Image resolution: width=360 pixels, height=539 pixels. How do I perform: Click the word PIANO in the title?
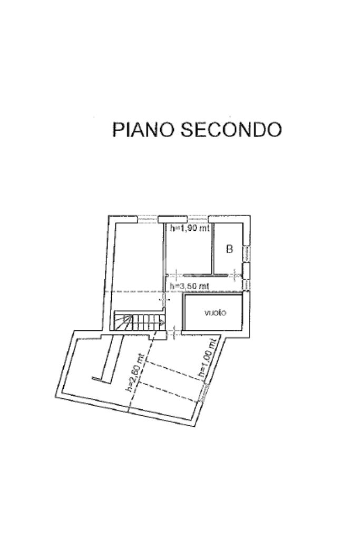click(143, 129)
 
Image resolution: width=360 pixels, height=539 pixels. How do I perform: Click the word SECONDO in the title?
click(231, 129)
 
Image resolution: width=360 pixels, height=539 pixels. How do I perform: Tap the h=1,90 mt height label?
click(190, 229)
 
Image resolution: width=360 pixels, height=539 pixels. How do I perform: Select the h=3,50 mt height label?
click(189, 286)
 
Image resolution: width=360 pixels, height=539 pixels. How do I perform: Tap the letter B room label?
click(229, 249)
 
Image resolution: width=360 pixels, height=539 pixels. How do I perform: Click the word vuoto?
click(215, 312)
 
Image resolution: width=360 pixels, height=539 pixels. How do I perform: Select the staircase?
click(139, 321)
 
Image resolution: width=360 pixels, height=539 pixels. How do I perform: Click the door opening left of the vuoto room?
click(174, 332)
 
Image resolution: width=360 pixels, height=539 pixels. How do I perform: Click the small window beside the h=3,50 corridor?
click(246, 283)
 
